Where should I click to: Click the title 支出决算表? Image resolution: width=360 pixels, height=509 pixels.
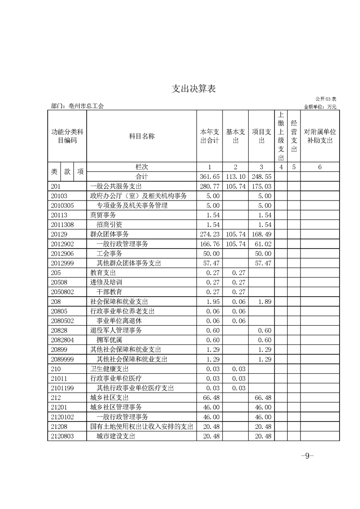pyautogui.click(x=193, y=88)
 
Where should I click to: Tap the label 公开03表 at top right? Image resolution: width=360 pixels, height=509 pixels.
pyautogui.click(x=326, y=99)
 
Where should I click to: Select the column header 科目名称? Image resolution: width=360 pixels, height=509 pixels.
pyautogui.click(x=142, y=136)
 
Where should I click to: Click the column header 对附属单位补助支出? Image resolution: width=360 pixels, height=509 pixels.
pyautogui.click(x=320, y=136)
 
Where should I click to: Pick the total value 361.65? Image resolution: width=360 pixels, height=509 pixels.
pyautogui.click(x=210, y=176)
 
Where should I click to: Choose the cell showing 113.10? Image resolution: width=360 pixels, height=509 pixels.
pyautogui.click(x=236, y=176)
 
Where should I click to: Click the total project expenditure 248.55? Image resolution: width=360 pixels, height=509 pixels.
pyautogui.click(x=261, y=176)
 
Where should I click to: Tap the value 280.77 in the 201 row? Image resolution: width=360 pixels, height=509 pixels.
pyautogui.click(x=210, y=186)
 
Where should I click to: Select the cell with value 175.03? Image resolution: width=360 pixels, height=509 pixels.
pyautogui.click(x=261, y=186)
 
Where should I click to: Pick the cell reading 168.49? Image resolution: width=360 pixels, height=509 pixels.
pyautogui.click(x=261, y=235)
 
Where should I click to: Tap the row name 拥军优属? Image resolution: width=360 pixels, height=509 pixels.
pyautogui.click(x=109, y=340)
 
